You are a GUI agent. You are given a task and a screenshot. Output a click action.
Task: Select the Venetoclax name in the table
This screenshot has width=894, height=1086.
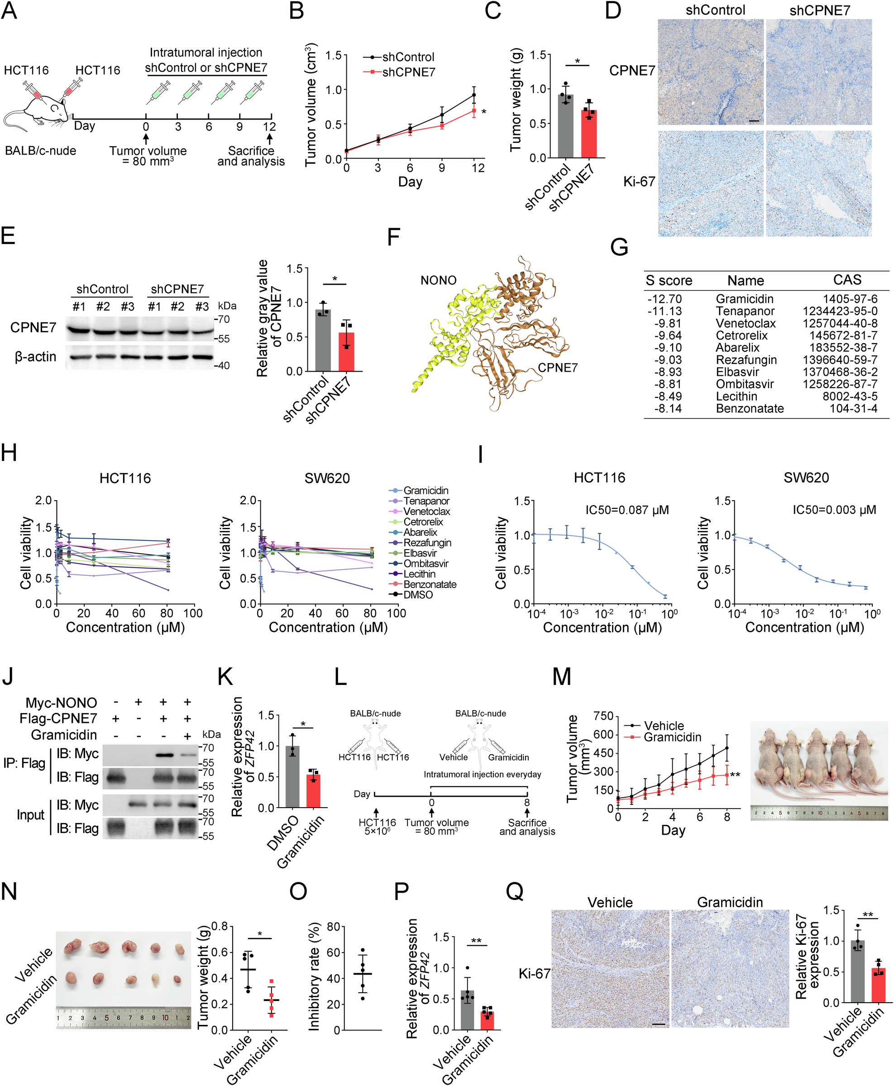pyautogui.click(x=745, y=323)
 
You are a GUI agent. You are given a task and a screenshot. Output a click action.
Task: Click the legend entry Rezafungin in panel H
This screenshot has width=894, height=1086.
pyautogui.click(x=427, y=543)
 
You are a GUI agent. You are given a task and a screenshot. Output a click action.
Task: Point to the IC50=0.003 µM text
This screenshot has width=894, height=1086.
pyautogui.click(x=834, y=510)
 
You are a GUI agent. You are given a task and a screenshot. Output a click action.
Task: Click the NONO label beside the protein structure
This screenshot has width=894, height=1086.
pyautogui.click(x=438, y=280)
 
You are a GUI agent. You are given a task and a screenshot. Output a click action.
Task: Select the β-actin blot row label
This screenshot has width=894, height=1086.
pyautogui.click(x=35, y=356)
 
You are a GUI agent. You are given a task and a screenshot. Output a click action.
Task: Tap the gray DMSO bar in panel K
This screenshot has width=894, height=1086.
pyautogui.click(x=292, y=778)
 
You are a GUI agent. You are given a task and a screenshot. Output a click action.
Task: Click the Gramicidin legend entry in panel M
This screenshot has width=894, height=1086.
pyautogui.click(x=672, y=737)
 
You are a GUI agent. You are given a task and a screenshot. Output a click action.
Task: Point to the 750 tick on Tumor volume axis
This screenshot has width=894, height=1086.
pyautogui.click(x=603, y=716)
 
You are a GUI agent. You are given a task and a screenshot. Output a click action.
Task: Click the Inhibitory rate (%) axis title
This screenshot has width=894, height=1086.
pyautogui.click(x=314, y=977)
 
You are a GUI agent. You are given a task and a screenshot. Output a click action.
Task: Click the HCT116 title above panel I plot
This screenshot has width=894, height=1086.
pyautogui.click(x=599, y=478)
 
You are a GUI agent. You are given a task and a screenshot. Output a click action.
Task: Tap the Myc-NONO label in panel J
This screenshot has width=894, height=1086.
pyautogui.click(x=61, y=703)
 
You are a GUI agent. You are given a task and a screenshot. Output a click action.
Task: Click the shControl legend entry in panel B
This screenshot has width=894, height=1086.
pyautogui.click(x=408, y=57)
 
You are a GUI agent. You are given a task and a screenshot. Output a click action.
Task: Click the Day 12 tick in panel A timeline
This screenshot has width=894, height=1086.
pyautogui.click(x=269, y=127)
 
